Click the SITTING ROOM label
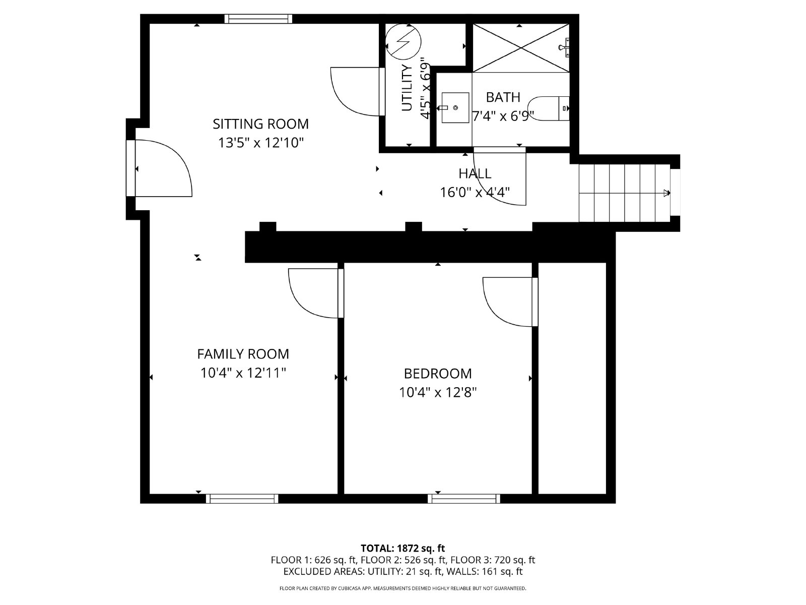pos(260,124)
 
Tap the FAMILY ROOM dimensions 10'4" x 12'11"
pos(243,373)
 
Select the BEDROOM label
pos(438,374)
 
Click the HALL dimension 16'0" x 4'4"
pos(475,192)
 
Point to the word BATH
pos(503,97)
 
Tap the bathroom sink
pos(455,107)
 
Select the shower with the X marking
pos(521,47)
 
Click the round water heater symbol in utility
pos(402,41)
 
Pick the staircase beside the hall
pos(625,193)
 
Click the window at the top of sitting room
pos(258,19)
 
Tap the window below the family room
pos(242,499)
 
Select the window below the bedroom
pos(464,499)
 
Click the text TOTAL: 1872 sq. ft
pos(402,548)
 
